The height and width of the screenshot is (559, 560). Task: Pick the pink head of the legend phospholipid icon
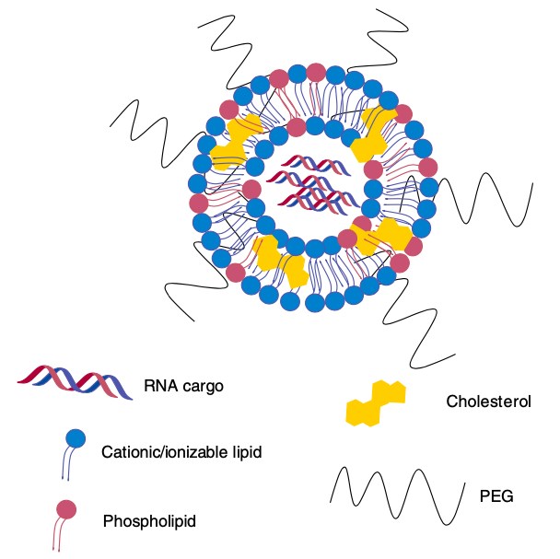(65, 509)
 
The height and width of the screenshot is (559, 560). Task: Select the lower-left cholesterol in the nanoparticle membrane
(278, 262)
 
